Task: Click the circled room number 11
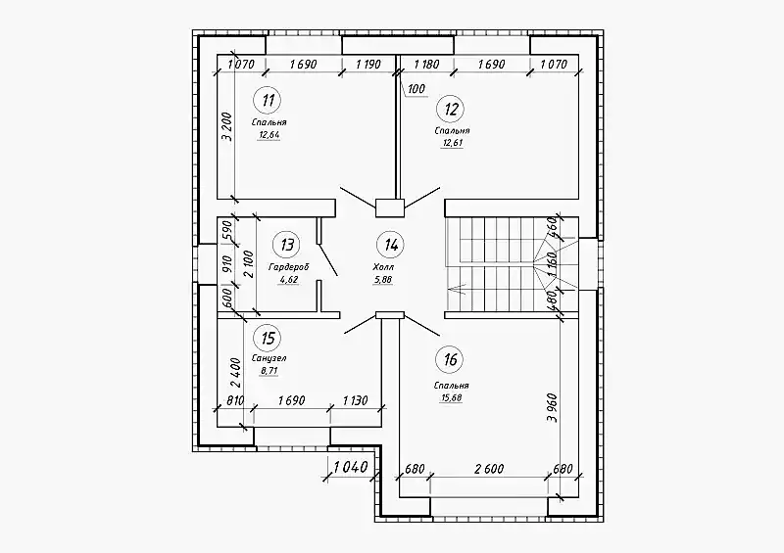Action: tap(268, 101)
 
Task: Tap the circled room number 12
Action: tap(451, 109)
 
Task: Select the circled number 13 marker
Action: tap(287, 245)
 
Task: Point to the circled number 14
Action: tap(390, 245)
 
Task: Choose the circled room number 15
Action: tap(268, 339)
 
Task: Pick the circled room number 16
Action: tap(450, 359)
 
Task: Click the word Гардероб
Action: tap(289, 267)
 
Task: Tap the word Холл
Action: tap(383, 268)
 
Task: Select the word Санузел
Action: tap(269, 358)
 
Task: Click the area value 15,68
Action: tap(451, 398)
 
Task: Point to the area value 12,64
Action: tap(269, 134)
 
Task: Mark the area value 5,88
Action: tap(382, 280)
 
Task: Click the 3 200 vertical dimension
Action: tap(227, 127)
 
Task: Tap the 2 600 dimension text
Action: tap(489, 469)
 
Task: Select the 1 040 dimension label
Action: tap(351, 468)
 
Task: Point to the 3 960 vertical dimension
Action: tap(552, 408)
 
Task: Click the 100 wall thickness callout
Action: tap(416, 89)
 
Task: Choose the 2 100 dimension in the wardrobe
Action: tap(249, 263)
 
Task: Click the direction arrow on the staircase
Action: tap(458, 288)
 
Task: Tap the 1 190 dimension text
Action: tap(368, 64)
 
